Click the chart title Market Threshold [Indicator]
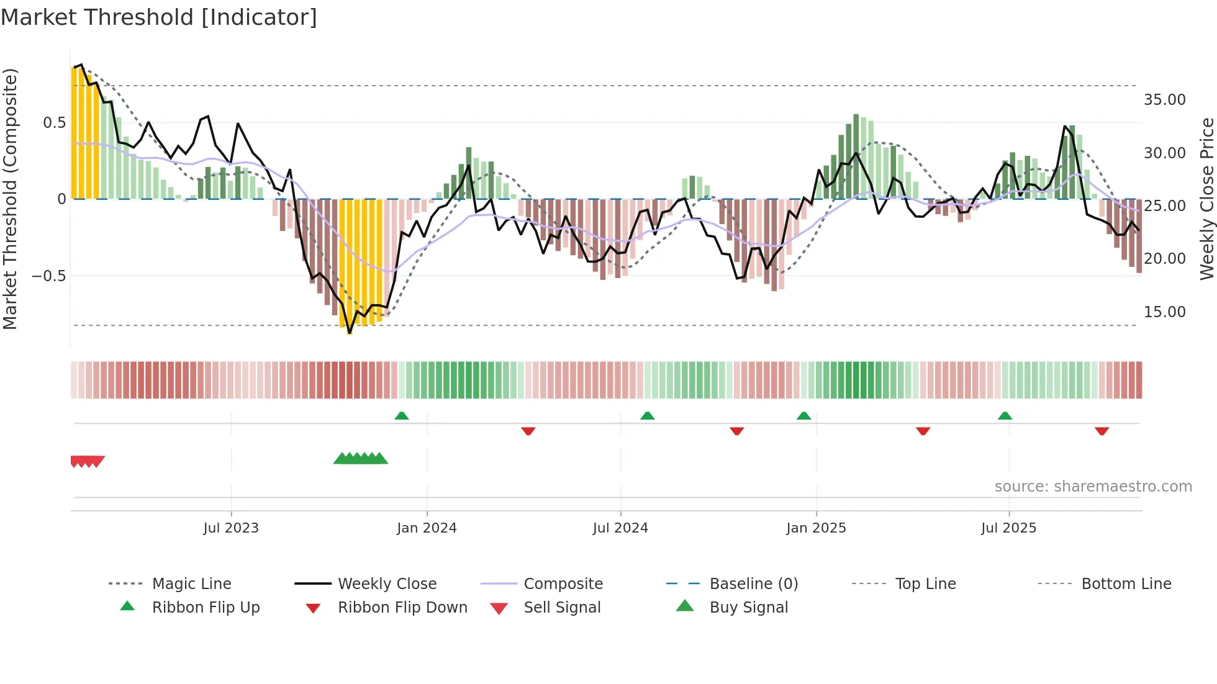coord(159,17)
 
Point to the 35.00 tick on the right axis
coord(1164,100)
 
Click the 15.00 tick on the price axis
coord(1164,312)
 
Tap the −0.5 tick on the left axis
coord(48,276)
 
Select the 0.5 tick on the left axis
coord(54,123)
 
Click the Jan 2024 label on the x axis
coord(427,528)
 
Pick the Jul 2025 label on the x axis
coord(1008,528)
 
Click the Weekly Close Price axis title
coord(1206,199)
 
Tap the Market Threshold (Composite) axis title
coord(10,199)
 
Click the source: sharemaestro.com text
coord(1093,487)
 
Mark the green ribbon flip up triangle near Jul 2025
coord(1005,416)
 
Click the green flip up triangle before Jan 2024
coord(401,416)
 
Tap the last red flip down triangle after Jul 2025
coord(1102,431)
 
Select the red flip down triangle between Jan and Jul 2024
coord(528,431)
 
